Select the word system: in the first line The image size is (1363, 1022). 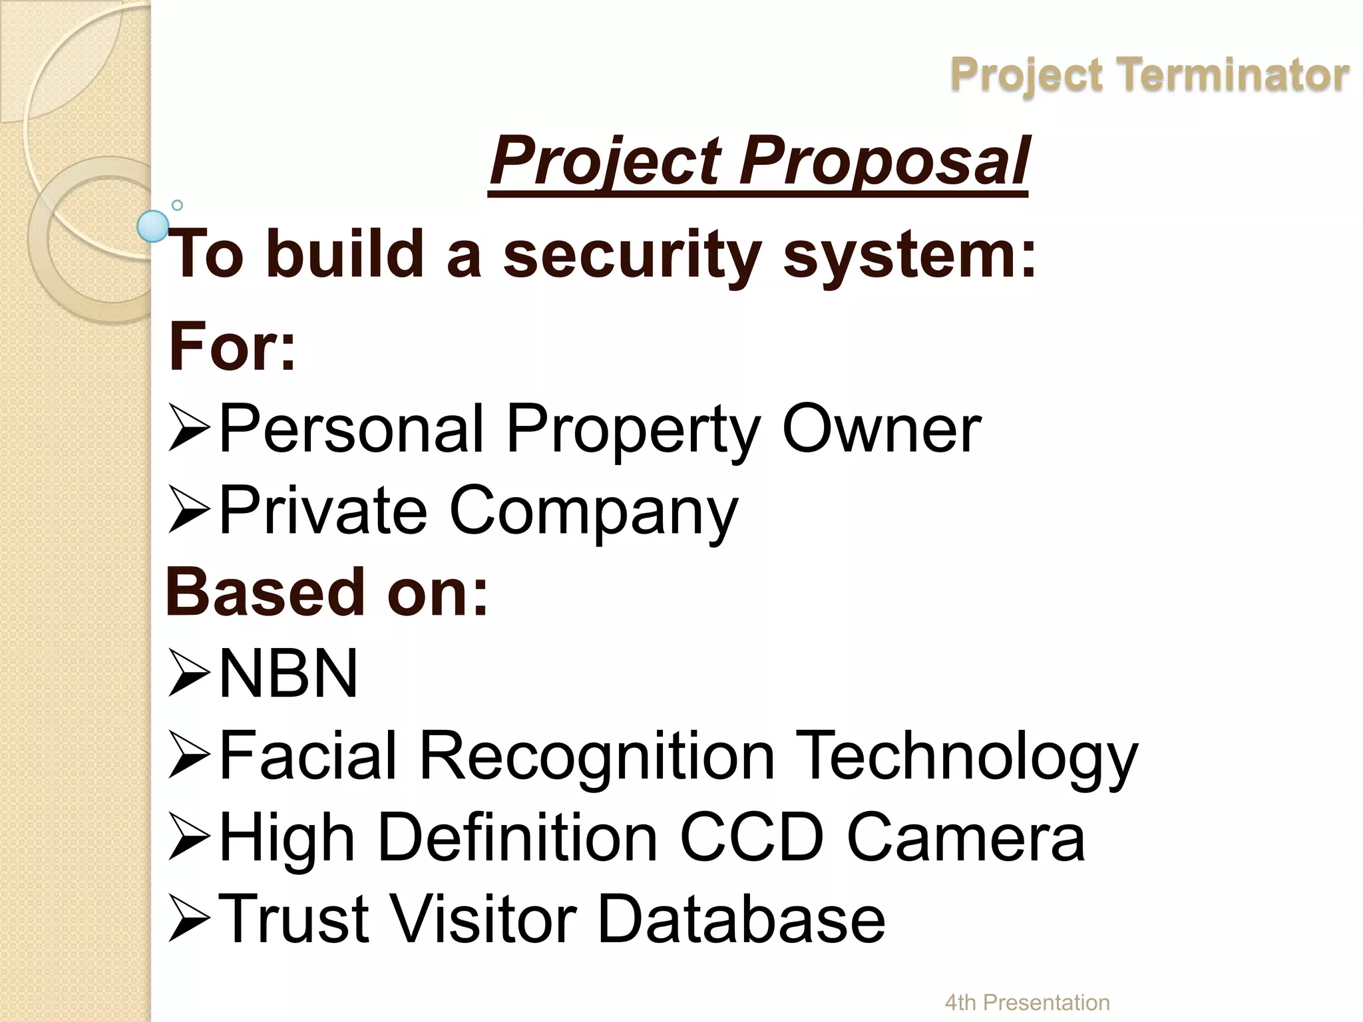909,255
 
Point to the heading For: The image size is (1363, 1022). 232,347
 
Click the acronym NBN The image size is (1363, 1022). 288,673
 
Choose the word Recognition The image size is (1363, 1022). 597,756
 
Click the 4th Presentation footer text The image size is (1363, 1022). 1027,1002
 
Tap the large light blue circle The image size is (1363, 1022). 154,226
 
